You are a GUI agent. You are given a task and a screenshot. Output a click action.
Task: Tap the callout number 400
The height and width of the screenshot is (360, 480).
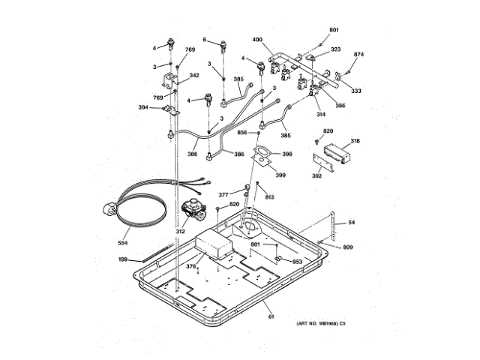point(256,39)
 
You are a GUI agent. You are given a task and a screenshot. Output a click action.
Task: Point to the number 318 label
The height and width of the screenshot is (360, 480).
point(354,141)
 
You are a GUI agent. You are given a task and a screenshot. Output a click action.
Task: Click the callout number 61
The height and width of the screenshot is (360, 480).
point(271,316)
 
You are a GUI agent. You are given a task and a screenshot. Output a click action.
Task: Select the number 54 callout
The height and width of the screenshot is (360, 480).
point(351,223)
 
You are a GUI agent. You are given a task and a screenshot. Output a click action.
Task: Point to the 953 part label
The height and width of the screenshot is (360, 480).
point(297,262)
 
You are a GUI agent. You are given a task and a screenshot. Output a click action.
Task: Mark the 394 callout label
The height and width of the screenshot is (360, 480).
point(142,107)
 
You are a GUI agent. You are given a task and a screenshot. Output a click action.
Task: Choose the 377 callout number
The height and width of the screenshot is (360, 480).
point(223,194)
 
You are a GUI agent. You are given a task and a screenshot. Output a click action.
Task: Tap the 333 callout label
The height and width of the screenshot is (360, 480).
point(355,91)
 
